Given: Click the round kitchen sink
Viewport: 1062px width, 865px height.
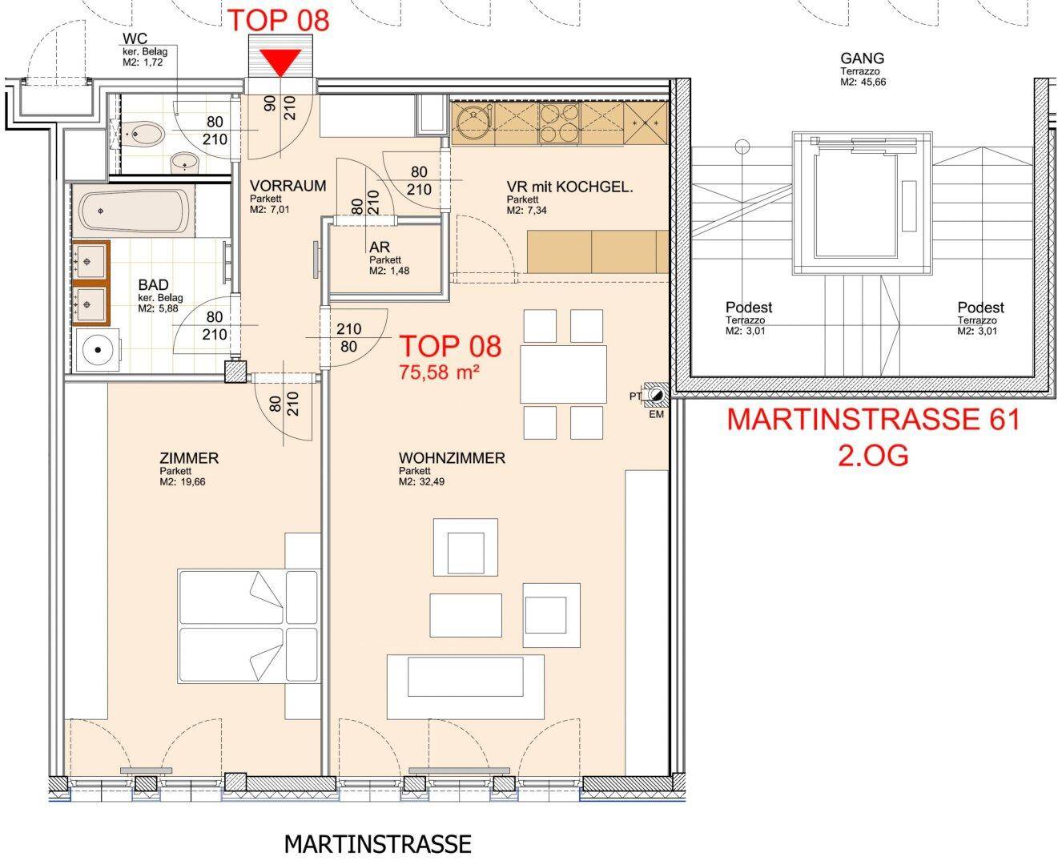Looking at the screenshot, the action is [x=473, y=123].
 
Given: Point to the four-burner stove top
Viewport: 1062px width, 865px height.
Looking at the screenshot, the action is [x=559, y=123].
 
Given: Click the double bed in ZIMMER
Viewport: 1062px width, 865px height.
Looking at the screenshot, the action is [x=248, y=626].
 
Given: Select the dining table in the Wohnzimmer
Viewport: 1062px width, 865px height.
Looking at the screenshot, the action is [x=563, y=374].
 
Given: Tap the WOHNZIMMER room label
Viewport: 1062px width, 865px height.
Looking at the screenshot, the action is [x=452, y=457].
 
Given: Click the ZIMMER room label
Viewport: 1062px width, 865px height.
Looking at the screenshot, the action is [x=189, y=457].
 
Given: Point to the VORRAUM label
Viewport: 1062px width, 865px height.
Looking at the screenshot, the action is [x=288, y=186].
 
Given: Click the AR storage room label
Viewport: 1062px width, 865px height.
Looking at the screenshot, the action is [x=380, y=247].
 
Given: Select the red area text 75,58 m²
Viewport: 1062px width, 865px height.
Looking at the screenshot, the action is [x=439, y=372].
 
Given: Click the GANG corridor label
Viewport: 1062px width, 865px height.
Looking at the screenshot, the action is [x=862, y=58].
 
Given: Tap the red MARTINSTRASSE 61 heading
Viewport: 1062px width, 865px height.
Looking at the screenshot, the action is [x=873, y=419].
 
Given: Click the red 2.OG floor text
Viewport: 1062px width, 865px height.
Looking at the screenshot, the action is [x=873, y=455].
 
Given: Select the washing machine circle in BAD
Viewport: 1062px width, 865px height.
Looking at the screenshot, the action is [x=98, y=349].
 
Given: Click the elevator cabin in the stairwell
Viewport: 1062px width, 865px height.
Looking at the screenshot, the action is [x=862, y=203].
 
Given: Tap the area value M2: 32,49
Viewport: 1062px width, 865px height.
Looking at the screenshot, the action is [x=421, y=481].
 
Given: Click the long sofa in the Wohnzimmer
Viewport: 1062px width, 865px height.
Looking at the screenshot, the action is [x=465, y=686].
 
